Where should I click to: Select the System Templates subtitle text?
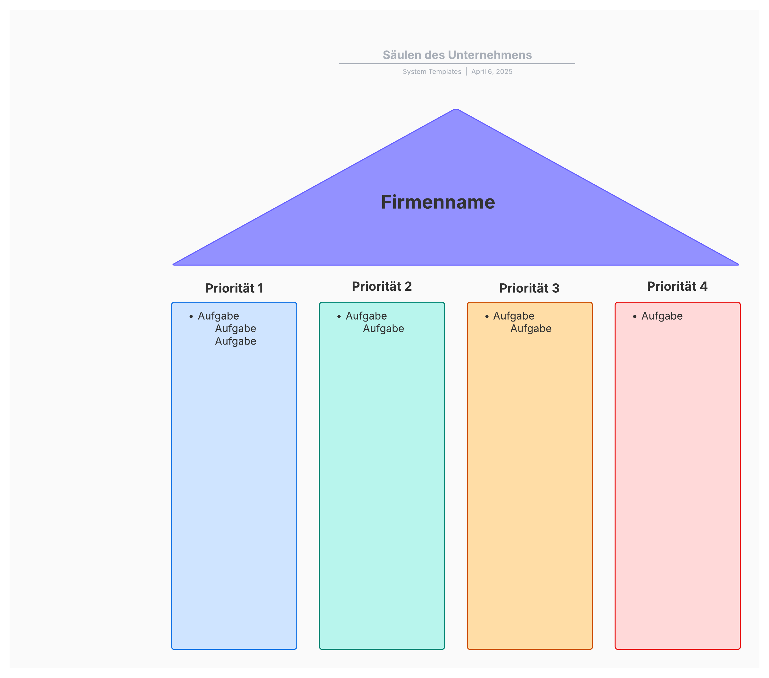pos(432,71)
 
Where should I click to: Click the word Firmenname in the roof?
pos(438,202)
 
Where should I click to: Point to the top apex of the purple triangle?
pos(456,110)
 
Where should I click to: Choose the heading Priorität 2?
pos(382,286)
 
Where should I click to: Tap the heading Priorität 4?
pos(677,286)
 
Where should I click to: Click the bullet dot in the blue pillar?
pos(191,317)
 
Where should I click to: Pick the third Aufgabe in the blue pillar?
pos(236,341)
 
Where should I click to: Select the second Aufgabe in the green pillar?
pos(383,329)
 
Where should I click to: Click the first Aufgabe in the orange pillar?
pos(514,316)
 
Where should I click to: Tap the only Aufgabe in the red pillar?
pos(662,316)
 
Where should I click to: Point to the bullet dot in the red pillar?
pos(635,317)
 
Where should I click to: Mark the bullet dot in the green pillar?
pos(339,317)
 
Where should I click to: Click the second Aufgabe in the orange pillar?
pos(531,329)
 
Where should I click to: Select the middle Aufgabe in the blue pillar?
pos(236,329)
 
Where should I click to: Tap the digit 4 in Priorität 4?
pos(703,286)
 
